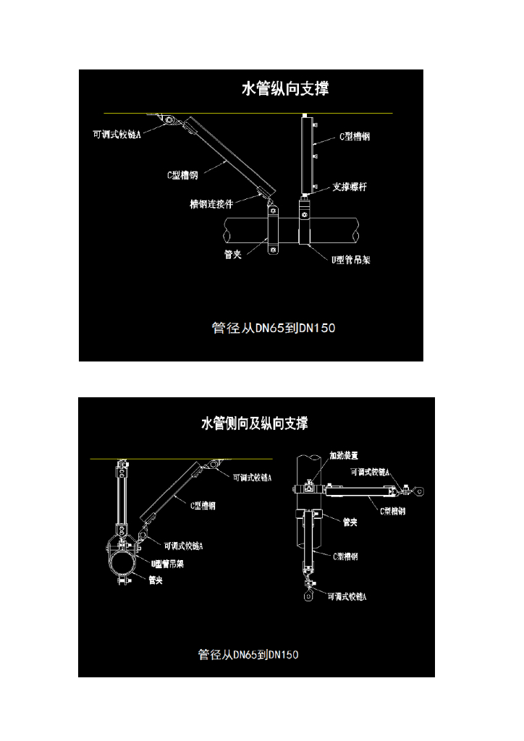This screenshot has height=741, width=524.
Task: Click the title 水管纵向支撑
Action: click(x=284, y=89)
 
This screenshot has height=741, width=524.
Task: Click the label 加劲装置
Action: click(x=344, y=456)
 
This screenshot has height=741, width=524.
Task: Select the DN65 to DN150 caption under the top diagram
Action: click(x=274, y=329)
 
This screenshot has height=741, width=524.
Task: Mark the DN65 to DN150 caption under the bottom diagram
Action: click(x=248, y=655)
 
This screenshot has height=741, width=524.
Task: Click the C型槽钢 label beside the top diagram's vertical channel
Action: click(x=355, y=136)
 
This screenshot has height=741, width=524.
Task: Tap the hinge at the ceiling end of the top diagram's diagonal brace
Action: click(x=169, y=120)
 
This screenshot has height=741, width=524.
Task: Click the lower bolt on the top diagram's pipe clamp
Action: click(x=273, y=250)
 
